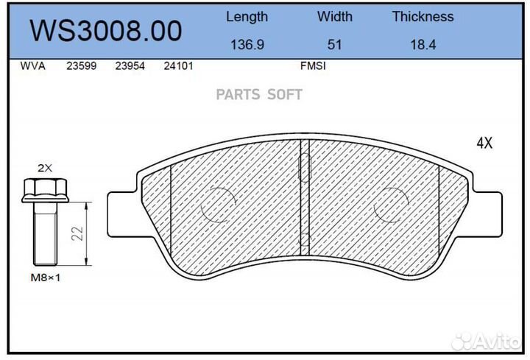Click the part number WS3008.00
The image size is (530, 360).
(x=106, y=30)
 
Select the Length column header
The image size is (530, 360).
(x=247, y=17)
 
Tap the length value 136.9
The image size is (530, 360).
(x=247, y=45)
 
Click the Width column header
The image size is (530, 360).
(x=335, y=16)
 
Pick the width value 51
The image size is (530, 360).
(x=334, y=45)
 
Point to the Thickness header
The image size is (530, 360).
(x=423, y=16)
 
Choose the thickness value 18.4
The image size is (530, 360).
(x=423, y=45)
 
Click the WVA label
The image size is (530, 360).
(x=33, y=66)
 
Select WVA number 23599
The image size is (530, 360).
(x=81, y=66)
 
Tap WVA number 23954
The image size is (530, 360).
(x=130, y=66)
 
